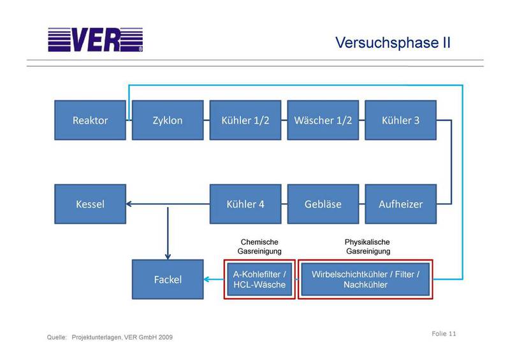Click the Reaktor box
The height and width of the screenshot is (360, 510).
[x=91, y=120]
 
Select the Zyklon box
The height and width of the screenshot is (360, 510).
[x=168, y=120]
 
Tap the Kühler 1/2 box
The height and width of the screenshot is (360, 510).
[x=245, y=120]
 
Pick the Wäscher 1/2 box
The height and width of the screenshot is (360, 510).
[x=323, y=120]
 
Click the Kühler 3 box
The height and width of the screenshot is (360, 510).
[x=400, y=120]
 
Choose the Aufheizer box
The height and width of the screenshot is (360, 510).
[x=400, y=205]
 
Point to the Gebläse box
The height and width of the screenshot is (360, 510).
[x=323, y=205]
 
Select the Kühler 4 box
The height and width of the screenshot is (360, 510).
[x=245, y=205]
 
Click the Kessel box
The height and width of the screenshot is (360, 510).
[x=91, y=205]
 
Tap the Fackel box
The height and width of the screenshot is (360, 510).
[x=168, y=280]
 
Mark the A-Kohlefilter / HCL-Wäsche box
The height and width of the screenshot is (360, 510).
[x=259, y=279]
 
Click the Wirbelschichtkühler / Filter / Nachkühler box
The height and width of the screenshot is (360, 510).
[x=365, y=279]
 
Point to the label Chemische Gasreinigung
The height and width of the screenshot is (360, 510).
[x=259, y=247]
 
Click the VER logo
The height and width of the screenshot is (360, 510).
[x=96, y=40]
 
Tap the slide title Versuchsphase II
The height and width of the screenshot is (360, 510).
[x=393, y=43]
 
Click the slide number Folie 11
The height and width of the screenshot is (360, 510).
[x=444, y=334]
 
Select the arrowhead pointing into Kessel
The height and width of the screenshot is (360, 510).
[x=130, y=205]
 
